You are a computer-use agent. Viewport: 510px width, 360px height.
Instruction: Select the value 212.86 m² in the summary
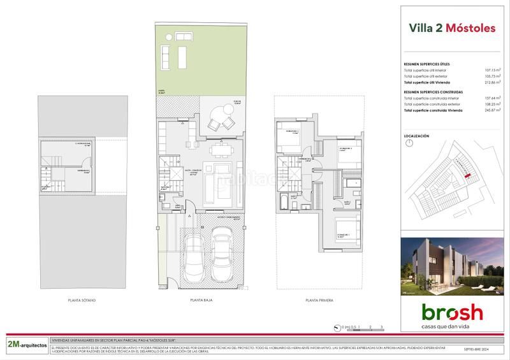[x=488, y=83]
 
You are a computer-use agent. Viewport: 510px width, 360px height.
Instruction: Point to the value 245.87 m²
[x=488, y=111]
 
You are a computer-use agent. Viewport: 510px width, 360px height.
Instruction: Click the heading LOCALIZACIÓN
[x=417, y=136]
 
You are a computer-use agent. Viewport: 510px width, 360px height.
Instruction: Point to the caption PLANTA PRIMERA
[x=319, y=299]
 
